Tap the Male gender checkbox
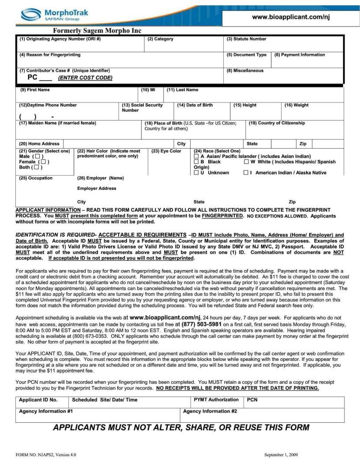coord(39,157)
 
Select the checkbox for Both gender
coord(37,167)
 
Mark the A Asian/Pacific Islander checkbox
coord(196,157)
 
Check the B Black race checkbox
coord(196,162)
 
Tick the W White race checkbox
coord(246,162)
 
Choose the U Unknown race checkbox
coord(196,173)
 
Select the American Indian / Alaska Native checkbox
coord(246,173)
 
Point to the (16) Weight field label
coord(296,105)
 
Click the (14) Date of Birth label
coord(195,105)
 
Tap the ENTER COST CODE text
coord(85,78)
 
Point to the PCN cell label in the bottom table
coord(252,400)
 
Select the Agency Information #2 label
coord(210,411)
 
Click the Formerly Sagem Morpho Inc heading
coord(97,31)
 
